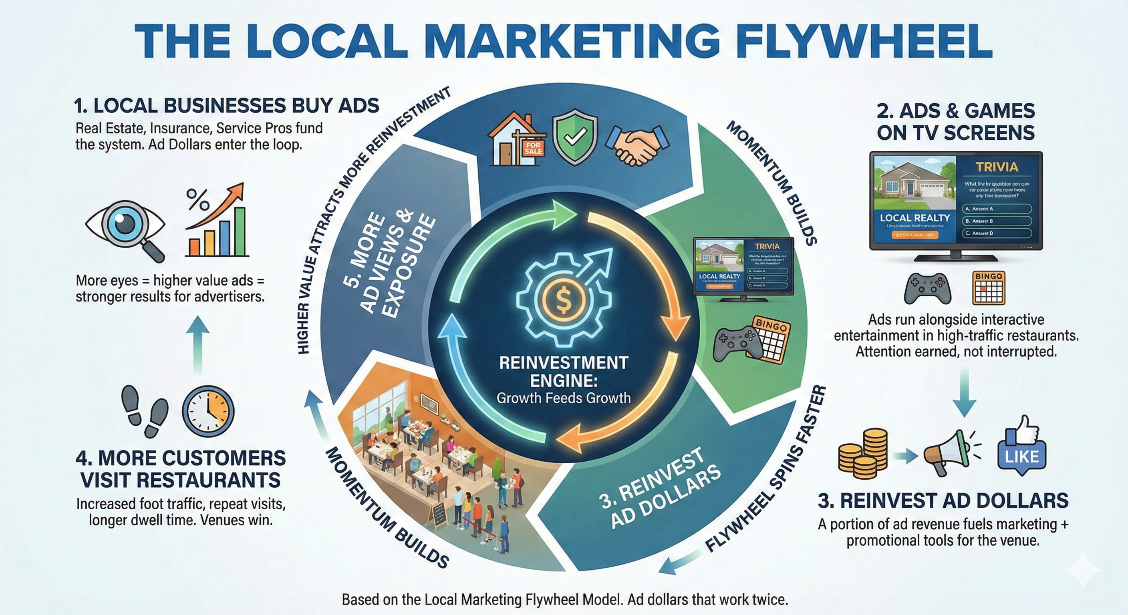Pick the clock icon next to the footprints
(x=208, y=412)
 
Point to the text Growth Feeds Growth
(x=564, y=398)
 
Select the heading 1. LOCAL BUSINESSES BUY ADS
(x=226, y=106)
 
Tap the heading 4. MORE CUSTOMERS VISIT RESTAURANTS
(x=180, y=469)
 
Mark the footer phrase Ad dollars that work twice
(x=707, y=599)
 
